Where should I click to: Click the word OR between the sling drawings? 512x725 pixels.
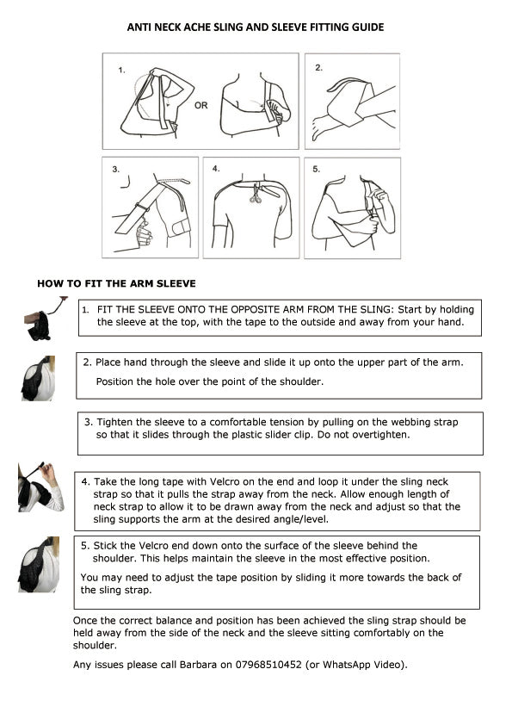[x=201, y=105]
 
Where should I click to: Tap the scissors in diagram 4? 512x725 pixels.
[x=255, y=195]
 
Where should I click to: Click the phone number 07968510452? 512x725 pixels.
[x=268, y=665]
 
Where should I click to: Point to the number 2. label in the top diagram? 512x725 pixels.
[x=319, y=67]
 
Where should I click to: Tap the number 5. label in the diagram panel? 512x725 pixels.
[x=316, y=170]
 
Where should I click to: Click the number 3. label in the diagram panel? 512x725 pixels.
[x=115, y=170]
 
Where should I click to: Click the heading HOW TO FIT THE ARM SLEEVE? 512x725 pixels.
[x=116, y=283]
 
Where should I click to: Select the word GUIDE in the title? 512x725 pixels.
[x=367, y=28]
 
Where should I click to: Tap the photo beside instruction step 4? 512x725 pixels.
[x=40, y=486]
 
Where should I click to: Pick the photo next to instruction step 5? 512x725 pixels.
[x=39, y=564]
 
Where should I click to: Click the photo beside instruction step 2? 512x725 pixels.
[x=38, y=378]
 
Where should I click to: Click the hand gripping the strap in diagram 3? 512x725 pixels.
[x=143, y=233]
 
